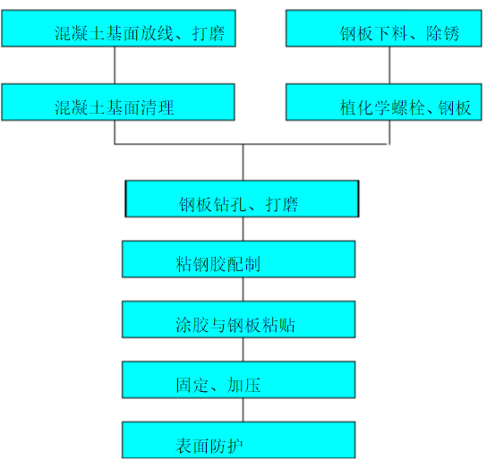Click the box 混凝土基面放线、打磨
(118, 29)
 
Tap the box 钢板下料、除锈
(390, 29)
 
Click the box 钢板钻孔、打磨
(242, 199)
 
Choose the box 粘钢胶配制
(238, 259)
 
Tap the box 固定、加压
(238, 379)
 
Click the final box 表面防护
(238, 439)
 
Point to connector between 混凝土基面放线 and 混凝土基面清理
(115, 65)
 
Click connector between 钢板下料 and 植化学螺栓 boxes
(390, 65)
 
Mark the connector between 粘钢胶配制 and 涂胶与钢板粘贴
(243, 289)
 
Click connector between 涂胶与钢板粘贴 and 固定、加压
(243, 349)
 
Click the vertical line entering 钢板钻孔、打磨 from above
(243, 163)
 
